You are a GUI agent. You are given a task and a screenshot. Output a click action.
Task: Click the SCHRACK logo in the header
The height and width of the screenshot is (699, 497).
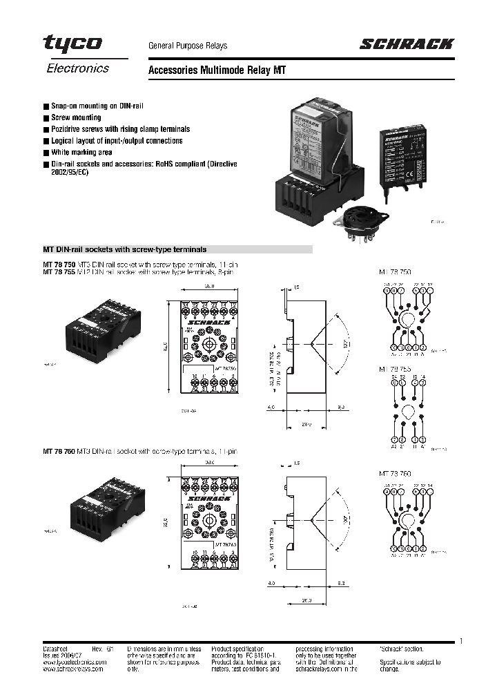pyautogui.click(x=406, y=45)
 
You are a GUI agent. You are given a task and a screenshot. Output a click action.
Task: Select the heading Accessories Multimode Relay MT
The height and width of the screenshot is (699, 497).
pyautogui.click(x=217, y=70)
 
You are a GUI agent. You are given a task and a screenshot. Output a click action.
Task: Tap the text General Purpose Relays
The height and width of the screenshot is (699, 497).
pyautogui.click(x=188, y=46)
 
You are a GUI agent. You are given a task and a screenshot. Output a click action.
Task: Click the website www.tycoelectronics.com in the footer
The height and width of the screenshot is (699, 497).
pyautogui.click(x=74, y=662)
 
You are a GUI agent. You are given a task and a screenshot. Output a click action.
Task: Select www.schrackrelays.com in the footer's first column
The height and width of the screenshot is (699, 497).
pyautogui.click(x=71, y=669)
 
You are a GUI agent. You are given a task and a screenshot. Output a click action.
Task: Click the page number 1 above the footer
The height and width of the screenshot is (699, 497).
pyautogui.click(x=461, y=641)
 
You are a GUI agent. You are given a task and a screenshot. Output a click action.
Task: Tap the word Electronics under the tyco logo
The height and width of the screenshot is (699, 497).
pyautogui.click(x=77, y=68)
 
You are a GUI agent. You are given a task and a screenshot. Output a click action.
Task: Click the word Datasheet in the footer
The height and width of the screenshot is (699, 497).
pyautogui.click(x=56, y=649)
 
